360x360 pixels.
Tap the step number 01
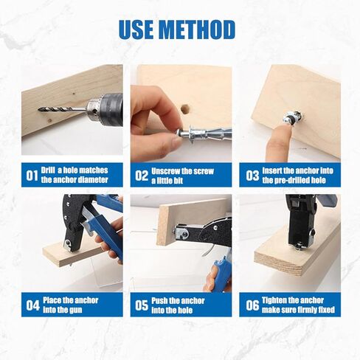click(x=32, y=176)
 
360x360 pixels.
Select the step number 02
click(x=140, y=176)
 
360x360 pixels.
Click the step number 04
click(x=32, y=305)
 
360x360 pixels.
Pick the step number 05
click(x=140, y=305)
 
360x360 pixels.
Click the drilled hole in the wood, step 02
click(x=185, y=108)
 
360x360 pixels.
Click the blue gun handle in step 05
click(x=219, y=273)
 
